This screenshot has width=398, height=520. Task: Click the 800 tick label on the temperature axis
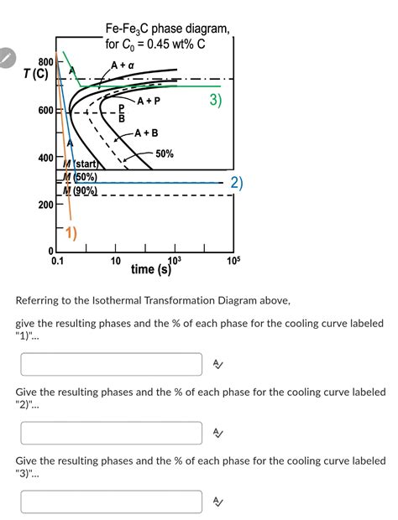[x=44, y=62]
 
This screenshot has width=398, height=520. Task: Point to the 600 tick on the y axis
[x=44, y=110]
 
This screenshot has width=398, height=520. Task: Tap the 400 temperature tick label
[x=44, y=158]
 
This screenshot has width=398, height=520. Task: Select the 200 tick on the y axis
[x=44, y=205]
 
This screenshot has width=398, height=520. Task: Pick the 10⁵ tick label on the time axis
[x=233, y=261]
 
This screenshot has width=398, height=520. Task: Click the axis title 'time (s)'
[x=152, y=269]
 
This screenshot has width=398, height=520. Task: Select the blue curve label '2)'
[x=237, y=183]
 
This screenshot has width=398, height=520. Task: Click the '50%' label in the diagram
[x=165, y=153]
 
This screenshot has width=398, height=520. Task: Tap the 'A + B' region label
[x=144, y=133]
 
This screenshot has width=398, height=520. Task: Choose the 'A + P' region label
[x=148, y=101]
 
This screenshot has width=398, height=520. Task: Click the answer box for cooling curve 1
[x=112, y=364]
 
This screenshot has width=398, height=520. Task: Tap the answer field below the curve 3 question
[x=112, y=502]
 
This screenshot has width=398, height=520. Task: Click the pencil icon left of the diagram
[x=8, y=58]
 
